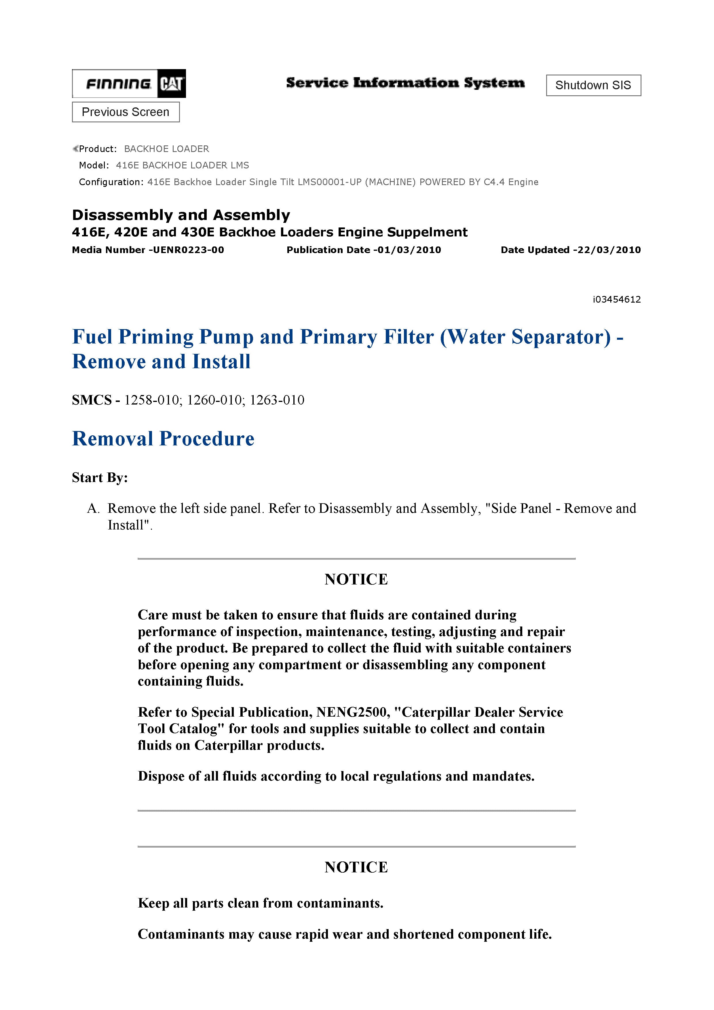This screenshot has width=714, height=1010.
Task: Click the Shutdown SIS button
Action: tap(593, 85)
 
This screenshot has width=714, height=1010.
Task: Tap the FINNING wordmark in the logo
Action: tap(118, 83)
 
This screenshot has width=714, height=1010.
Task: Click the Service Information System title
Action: tap(405, 83)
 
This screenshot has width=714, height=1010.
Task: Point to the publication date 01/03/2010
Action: tap(407, 250)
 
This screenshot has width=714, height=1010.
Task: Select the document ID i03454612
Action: tap(616, 299)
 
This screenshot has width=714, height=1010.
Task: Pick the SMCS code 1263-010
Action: tap(277, 400)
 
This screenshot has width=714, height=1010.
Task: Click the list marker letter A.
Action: tap(92, 508)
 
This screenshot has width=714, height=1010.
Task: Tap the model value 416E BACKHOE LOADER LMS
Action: tap(183, 165)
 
